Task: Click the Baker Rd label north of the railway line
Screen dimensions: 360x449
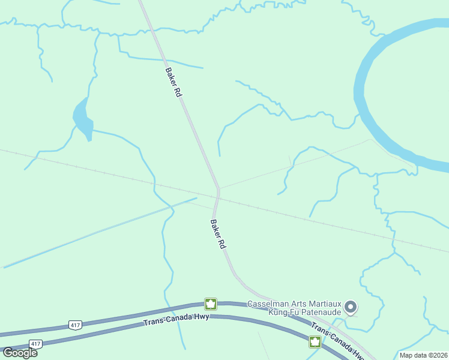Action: pos(173,82)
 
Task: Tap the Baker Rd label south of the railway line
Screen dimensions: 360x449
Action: pos(217,234)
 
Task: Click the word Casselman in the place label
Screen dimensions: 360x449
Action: pos(268,304)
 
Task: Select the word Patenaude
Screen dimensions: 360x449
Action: pos(320,312)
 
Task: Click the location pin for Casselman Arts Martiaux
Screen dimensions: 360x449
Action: pos(351,308)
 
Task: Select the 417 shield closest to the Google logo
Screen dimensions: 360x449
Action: pos(35,344)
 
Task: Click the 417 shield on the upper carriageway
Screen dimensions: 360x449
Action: pos(74,325)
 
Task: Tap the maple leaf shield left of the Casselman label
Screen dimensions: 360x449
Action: pos(210,304)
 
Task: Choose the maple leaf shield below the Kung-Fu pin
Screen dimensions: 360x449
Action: pos(314,342)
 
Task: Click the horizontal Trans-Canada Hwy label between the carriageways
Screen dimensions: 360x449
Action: pos(176,320)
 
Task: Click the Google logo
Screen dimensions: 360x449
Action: pos(20,352)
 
